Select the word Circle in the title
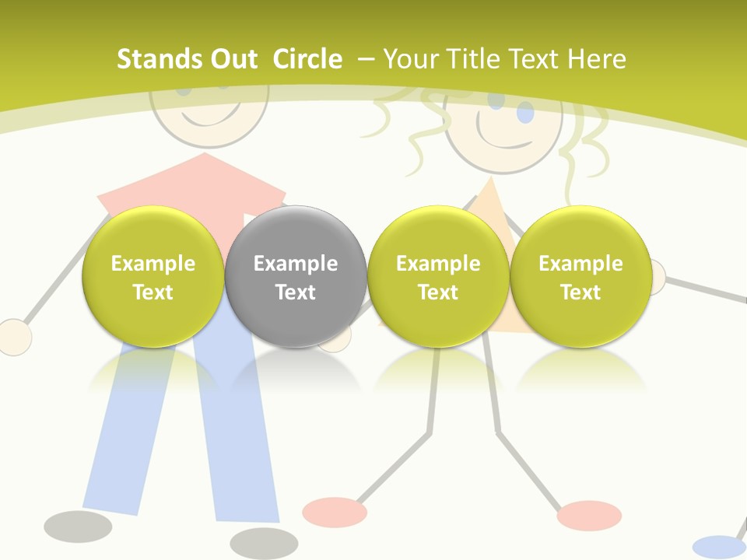[x=307, y=59]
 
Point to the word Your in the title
[x=410, y=59]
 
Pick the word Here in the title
[x=597, y=59]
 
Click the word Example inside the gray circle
[x=296, y=264]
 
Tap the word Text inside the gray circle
[x=296, y=292]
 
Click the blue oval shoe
[x=718, y=547]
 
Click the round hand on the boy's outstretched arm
[x=13, y=337]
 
